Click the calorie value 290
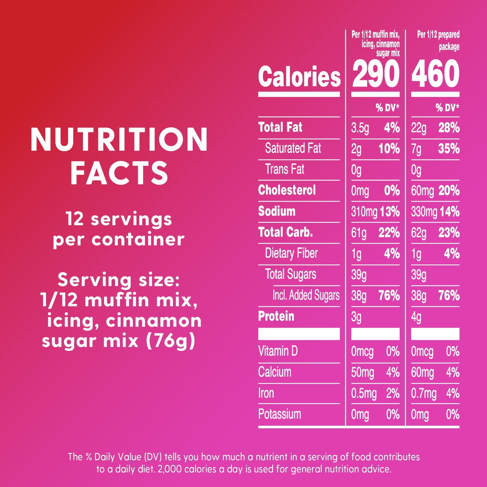tap(376, 74)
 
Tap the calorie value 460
tap(435, 74)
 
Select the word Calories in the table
tap(299, 76)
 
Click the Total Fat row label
tap(280, 127)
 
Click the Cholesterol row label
tap(287, 190)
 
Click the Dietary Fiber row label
tap(291, 253)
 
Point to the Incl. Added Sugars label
tap(306, 295)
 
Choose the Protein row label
tap(276, 316)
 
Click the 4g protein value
tap(416, 317)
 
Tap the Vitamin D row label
tap(278, 351)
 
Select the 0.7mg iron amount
tap(424, 394)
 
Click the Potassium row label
tap(279, 414)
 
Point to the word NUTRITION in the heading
tap(119, 139)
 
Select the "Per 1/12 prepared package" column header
tap(438, 40)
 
